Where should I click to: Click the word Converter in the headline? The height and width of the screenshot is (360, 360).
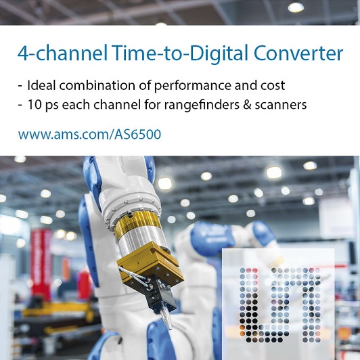[298, 53]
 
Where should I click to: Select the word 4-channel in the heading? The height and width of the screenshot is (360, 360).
[63, 53]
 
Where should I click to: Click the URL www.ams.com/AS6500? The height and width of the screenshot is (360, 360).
[89, 134]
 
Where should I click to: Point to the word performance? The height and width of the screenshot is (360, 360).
[192, 86]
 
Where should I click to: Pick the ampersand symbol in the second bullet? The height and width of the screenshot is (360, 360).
[247, 105]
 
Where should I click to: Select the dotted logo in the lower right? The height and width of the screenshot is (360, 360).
[280, 305]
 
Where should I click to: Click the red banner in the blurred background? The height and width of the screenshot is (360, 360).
[41, 264]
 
